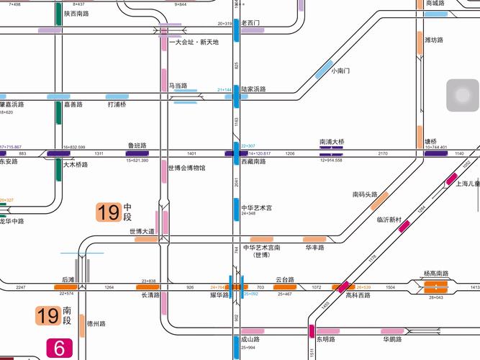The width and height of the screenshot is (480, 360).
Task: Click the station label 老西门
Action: point(251,23)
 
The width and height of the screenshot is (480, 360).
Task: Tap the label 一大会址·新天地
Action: point(194,42)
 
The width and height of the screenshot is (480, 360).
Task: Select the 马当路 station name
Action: point(178,85)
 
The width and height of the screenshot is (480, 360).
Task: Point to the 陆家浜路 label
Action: point(253,89)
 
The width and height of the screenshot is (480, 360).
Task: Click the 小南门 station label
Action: point(340,71)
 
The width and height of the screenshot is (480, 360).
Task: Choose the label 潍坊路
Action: point(434,40)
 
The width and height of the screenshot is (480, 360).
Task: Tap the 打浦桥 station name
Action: point(117,104)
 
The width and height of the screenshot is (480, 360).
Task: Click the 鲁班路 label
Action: point(137,145)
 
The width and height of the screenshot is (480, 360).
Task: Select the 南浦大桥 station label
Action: point(332,141)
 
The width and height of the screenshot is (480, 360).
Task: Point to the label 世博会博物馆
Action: point(186,168)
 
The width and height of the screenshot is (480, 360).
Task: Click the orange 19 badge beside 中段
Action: point(109,212)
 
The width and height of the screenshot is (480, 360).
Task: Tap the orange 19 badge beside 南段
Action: point(48,315)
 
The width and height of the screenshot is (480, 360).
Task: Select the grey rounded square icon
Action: point(462,96)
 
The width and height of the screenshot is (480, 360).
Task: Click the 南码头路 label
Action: point(365,194)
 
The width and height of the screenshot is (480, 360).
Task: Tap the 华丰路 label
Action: point(314,247)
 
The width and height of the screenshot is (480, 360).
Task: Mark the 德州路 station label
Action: point(96,324)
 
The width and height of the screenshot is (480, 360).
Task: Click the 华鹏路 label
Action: point(392,339)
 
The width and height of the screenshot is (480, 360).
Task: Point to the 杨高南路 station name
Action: point(435,274)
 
